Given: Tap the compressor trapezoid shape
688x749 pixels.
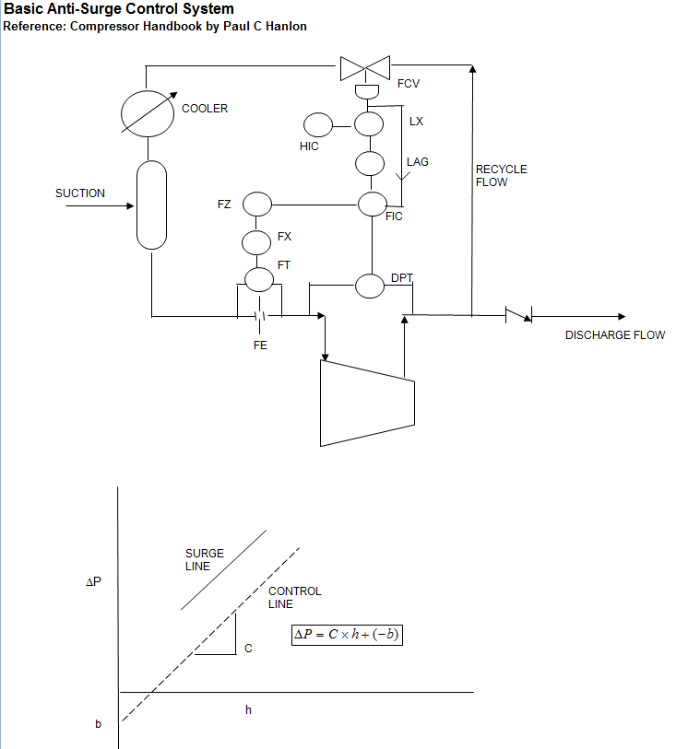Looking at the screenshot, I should [364, 402].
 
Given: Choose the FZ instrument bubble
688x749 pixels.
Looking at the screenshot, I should [256, 203].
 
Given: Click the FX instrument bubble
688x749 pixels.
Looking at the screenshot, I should [256, 242].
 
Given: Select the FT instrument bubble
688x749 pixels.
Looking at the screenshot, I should [259, 277].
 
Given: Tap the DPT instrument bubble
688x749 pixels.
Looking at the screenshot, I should [370, 286].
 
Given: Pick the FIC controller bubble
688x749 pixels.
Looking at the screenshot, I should [372, 204].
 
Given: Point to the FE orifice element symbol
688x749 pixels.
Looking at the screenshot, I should [260, 317].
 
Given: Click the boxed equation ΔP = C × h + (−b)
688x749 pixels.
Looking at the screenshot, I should [348, 635].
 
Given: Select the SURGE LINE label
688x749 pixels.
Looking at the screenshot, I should [204, 560].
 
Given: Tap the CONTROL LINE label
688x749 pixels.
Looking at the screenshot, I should [294, 598].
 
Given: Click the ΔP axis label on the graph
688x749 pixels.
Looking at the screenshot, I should [94, 583].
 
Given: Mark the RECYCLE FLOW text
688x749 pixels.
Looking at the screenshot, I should [501, 176].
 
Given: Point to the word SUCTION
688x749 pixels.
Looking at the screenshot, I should [80, 193].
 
